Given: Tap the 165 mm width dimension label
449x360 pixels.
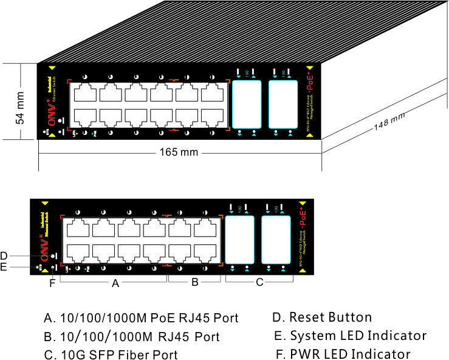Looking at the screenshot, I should tap(180, 152).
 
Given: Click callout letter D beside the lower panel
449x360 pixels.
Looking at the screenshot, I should tap(4, 255).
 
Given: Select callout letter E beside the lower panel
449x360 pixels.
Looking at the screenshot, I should tap(4, 266).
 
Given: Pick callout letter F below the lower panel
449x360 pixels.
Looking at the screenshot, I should tap(52, 282).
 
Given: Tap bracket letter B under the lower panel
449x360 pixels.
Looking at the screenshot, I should tap(194, 282).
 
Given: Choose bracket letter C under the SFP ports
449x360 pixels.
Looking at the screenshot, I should tap(259, 282).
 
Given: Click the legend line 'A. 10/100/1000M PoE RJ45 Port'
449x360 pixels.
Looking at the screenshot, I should tap(141, 317).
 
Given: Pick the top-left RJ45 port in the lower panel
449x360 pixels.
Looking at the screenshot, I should tap(77, 229).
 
